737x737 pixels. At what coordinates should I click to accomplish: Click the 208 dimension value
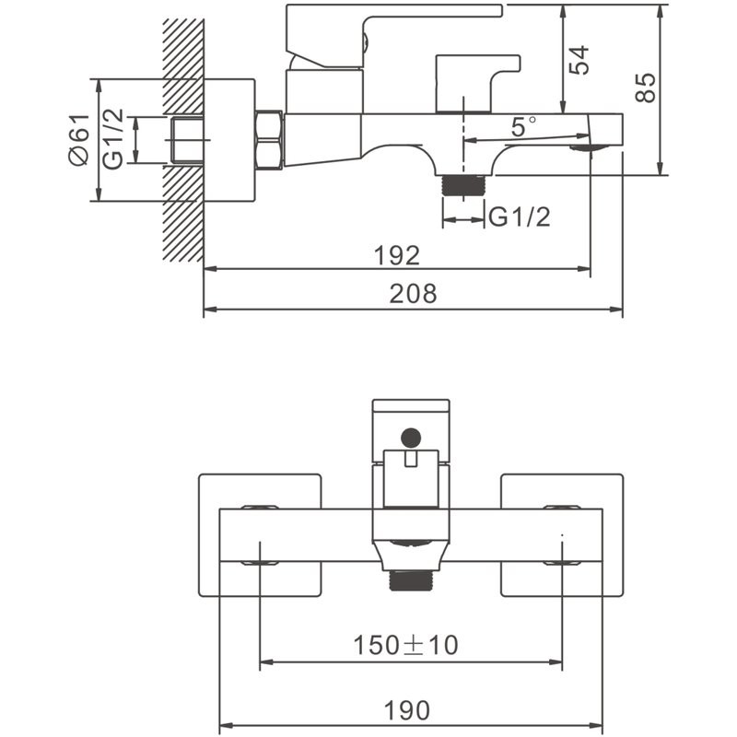point(412,294)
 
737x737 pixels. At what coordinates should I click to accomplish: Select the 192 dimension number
point(397,255)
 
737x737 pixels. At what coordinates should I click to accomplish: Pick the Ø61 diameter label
point(80,139)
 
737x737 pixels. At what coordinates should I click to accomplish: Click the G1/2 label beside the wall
point(112,139)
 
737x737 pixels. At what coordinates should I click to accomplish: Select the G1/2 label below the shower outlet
point(519,218)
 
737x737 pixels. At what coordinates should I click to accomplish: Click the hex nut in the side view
point(268,141)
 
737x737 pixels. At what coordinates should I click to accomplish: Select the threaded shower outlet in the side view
point(462,183)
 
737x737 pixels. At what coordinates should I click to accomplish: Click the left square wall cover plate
point(260,535)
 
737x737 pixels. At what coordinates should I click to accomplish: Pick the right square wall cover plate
point(562,535)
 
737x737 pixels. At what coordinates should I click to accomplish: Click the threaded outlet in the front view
point(411,580)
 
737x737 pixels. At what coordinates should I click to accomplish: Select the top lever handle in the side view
point(387,20)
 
